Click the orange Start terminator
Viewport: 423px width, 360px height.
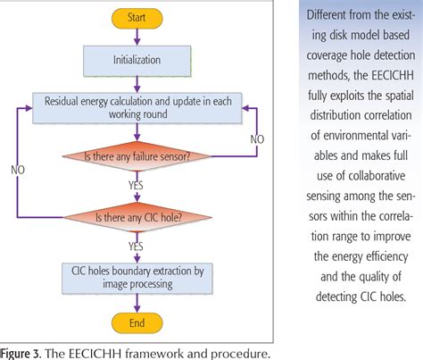pyautogui.click(x=136, y=17)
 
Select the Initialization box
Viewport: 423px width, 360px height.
pyautogui.click(x=136, y=62)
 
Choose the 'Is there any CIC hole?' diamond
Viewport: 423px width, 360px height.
pyautogui.click(x=136, y=216)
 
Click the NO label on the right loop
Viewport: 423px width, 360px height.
pyautogui.click(x=258, y=139)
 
